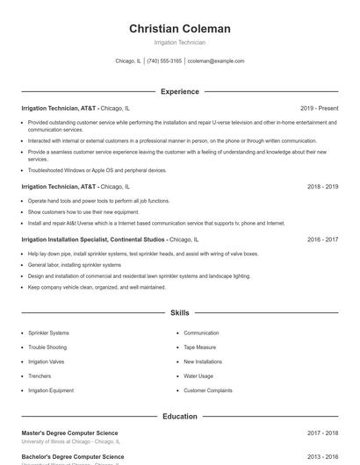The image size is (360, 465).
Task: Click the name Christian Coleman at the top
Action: tap(179, 29)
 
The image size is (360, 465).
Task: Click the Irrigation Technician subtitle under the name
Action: tap(179, 42)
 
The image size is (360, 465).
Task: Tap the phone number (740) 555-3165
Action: tap(164, 61)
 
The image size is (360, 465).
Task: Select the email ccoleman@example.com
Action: tap(216, 61)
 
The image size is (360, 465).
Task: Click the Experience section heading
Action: tap(179, 91)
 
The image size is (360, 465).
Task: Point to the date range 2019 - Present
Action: tap(319, 109)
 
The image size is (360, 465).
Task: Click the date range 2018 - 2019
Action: tap(322, 187)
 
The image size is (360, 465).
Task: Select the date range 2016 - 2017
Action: tap(322, 239)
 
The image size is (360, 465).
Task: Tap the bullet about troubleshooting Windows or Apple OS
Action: tap(97, 170)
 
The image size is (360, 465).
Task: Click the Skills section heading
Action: tap(179, 312)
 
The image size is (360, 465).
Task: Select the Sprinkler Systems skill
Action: tap(48, 333)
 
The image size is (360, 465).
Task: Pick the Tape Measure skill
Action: tap(201, 347)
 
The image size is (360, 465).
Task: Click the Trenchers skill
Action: tap(40, 376)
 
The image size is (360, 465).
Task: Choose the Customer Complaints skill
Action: tap(208, 390)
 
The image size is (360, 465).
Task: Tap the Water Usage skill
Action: tap(198, 376)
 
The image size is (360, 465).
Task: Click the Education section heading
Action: tap(179, 417)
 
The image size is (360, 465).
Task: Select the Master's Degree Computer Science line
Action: tap(69, 433)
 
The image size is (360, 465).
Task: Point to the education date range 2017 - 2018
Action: tap(322, 433)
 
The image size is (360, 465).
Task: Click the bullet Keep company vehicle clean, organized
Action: tap(97, 287)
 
